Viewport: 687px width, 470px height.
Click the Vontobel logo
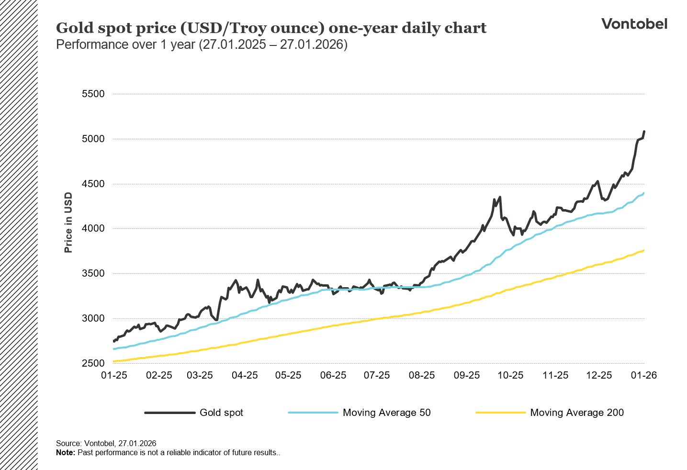[634, 24]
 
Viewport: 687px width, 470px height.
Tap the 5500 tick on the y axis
[93, 94]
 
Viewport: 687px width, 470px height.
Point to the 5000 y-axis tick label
[93, 139]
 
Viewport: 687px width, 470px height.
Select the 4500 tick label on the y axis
[93, 184]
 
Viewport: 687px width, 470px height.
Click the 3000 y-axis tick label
[93, 318]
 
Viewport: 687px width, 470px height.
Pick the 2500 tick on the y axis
[93, 363]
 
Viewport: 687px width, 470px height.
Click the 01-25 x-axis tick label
[114, 375]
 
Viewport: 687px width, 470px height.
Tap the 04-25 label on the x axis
[245, 375]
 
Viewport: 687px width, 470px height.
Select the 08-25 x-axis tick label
[422, 375]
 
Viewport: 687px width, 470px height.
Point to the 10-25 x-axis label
[510, 375]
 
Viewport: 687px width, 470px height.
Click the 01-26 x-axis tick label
[644, 375]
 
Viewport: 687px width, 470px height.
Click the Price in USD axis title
[68, 223]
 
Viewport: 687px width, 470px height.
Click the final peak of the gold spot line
[644, 131]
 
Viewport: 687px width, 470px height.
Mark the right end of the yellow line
[644, 250]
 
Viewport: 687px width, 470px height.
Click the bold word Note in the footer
[65, 452]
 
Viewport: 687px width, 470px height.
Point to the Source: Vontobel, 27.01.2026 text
[106, 443]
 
